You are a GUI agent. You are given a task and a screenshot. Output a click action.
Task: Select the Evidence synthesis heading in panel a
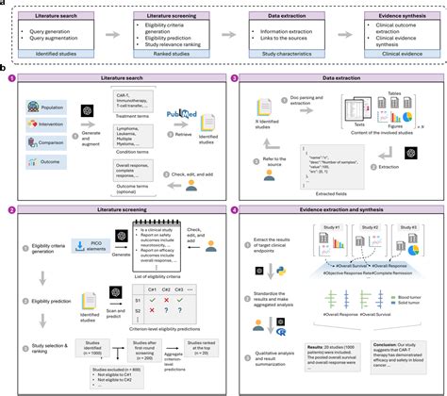(x=386, y=16)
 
